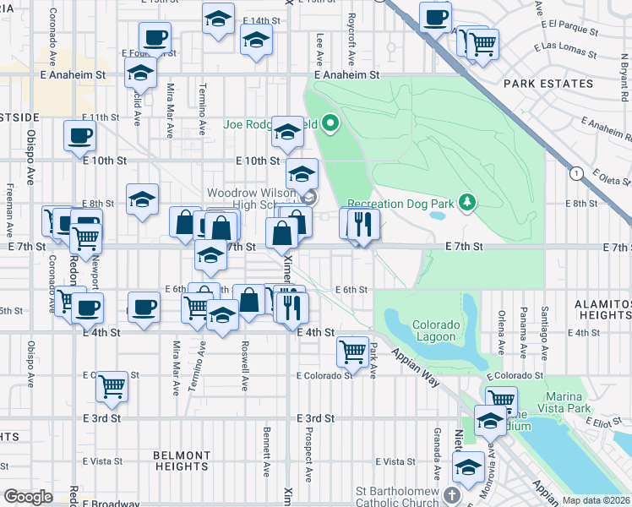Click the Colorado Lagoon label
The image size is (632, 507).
tap(436, 331)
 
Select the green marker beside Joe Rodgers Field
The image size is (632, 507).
tap(331, 126)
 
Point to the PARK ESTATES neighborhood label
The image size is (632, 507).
tap(548, 84)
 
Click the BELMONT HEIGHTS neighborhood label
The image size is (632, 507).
tap(182, 461)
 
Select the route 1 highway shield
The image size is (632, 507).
tap(576, 173)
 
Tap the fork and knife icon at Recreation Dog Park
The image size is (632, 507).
tap(363, 224)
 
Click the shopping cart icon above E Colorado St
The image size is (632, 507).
tap(351, 349)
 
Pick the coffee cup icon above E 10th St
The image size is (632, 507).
tap(80, 134)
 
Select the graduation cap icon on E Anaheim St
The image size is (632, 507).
tap(141, 75)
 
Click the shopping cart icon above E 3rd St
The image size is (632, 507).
tap(112, 386)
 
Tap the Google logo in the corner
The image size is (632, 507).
tap(28, 497)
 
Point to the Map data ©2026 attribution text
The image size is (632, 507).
tap(596, 500)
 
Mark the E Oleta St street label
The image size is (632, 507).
tap(603, 178)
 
